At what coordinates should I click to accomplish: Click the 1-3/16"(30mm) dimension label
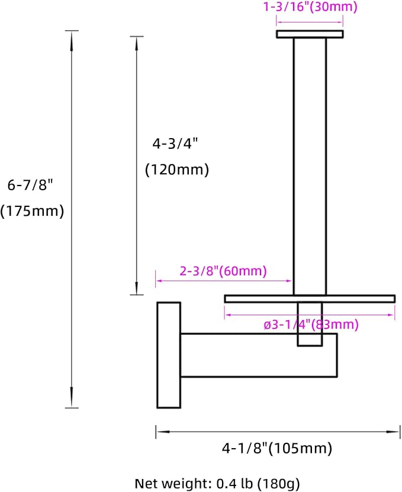tap(310, 7)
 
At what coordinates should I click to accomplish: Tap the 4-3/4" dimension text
tap(175, 144)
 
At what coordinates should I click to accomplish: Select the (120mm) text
tap(177, 170)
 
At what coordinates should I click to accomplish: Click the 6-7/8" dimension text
tap(31, 185)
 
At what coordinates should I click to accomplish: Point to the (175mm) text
tap(32, 211)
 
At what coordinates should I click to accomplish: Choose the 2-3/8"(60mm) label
tap(223, 271)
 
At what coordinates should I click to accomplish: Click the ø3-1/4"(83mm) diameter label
tap(311, 324)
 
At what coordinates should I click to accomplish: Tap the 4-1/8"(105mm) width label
tap(277, 448)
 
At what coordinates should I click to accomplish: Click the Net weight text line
tap(217, 484)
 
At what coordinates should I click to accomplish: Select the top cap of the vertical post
tap(310, 34)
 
